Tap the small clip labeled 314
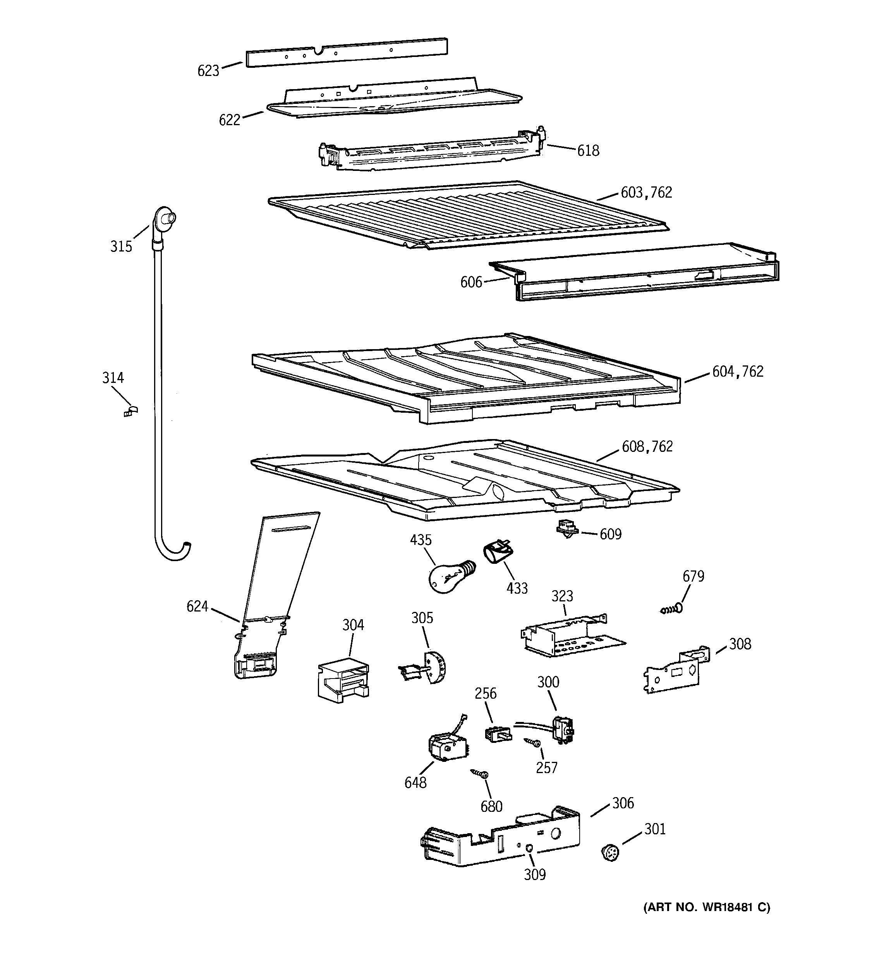(130, 411)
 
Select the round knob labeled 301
(610, 853)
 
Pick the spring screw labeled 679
(672, 610)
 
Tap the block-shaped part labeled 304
(343, 678)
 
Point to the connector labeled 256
(497, 734)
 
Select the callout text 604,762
(738, 372)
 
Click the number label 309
(534, 875)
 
